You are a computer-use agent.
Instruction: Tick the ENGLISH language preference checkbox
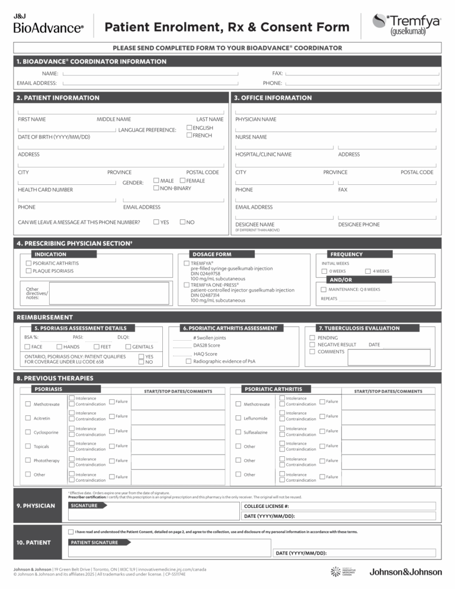point(189,128)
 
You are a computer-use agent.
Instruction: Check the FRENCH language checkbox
point(189,136)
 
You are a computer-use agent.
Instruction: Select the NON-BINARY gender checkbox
point(156,188)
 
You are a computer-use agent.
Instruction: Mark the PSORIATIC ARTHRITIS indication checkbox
point(28,263)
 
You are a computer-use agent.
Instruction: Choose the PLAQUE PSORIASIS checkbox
point(28,271)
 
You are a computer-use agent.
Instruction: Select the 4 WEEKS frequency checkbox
point(367,271)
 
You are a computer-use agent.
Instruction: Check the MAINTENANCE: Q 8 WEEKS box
point(323,289)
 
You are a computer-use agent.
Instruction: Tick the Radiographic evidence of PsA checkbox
point(188,361)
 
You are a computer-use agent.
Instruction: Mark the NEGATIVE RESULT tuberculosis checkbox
point(312,344)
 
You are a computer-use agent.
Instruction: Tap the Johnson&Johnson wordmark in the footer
point(406,572)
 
